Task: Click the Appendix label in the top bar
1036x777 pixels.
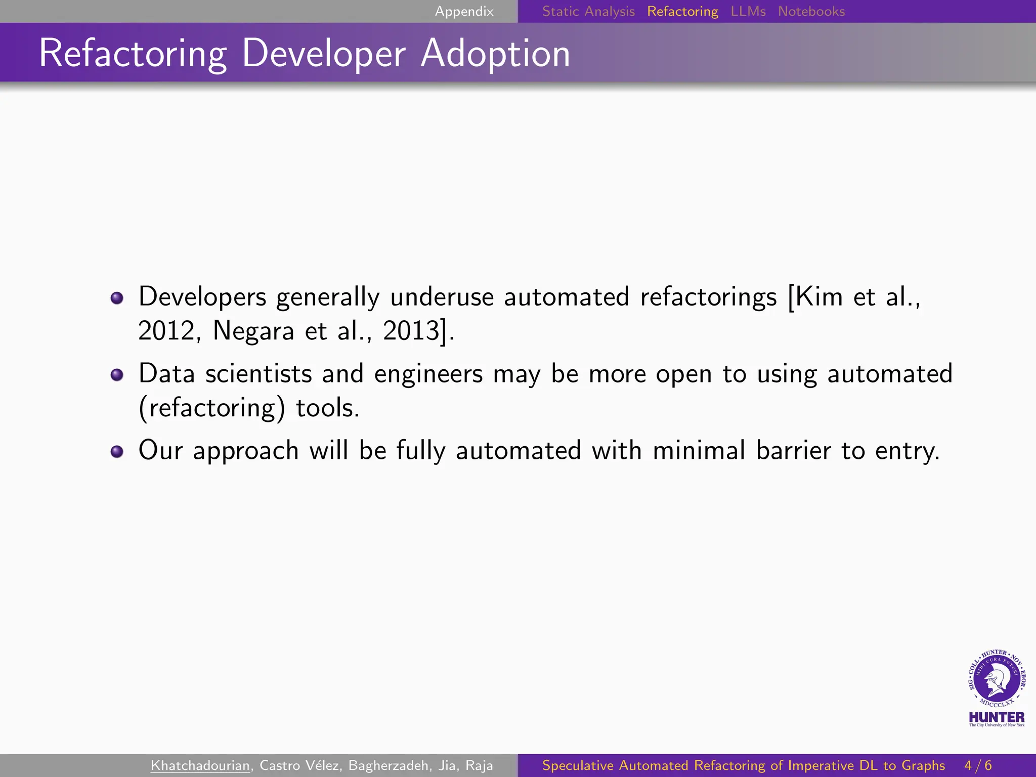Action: pyautogui.click(x=464, y=11)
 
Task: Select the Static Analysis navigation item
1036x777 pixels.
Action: pyautogui.click(x=588, y=11)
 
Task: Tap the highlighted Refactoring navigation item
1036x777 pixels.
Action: pyautogui.click(x=682, y=11)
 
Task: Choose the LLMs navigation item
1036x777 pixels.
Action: pyautogui.click(x=748, y=11)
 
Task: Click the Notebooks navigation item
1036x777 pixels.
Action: pyautogui.click(x=811, y=11)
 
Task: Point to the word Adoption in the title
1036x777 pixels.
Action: pyautogui.click(x=495, y=53)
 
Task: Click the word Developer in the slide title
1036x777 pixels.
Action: pyautogui.click(x=324, y=53)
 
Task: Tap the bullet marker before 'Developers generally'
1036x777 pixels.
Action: pyautogui.click(x=117, y=298)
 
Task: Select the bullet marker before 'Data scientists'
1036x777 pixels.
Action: pyautogui.click(x=117, y=375)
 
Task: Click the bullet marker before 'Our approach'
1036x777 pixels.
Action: pyautogui.click(x=117, y=451)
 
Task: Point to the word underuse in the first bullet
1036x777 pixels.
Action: pyautogui.click(x=442, y=297)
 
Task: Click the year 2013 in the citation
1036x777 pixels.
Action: pyautogui.click(x=411, y=331)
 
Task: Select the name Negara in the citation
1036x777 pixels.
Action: pyautogui.click(x=253, y=331)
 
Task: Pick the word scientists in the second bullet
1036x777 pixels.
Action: pyautogui.click(x=258, y=374)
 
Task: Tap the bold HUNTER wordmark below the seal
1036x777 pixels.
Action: pyautogui.click(x=997, y=717)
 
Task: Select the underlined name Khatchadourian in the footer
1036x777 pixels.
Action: pyautogui.click(x=200, y=765)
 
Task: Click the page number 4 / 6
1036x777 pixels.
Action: pyautogui.click(x=978, y=765)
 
